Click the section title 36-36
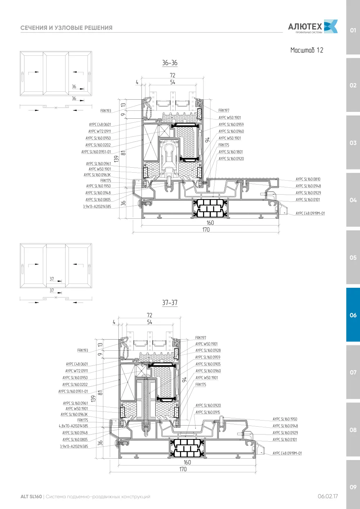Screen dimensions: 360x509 tap(170, 63)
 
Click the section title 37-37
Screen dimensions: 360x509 tap(170, 303)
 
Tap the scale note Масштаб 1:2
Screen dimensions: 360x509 tap(307, 50)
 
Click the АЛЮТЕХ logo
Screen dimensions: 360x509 tap(313, 27)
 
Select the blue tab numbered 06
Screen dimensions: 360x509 tap(353, 315)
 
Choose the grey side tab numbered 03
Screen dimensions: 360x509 tap(353, 143)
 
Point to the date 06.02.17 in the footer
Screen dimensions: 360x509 tap(328, 496)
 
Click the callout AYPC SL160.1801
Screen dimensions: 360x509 tap(231, 152)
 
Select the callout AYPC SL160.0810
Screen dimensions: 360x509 tap(308, 179)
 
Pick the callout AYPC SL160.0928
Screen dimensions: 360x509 tap(208, 350)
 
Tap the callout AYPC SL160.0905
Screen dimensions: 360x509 tap(208, 364)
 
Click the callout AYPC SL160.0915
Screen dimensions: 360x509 tap(208, 412)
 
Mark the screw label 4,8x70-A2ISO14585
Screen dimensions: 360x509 tap(73, 426)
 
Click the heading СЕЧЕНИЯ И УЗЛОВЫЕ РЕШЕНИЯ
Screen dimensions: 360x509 tap(66, 28)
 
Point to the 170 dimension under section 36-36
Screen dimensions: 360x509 tap(206, 229)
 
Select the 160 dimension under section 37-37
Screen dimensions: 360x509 tap(188, 462)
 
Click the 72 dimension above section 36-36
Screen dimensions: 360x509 tap(172, 75)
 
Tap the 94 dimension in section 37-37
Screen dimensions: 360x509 tap(184, 380)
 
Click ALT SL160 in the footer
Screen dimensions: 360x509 tap(31, 496)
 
